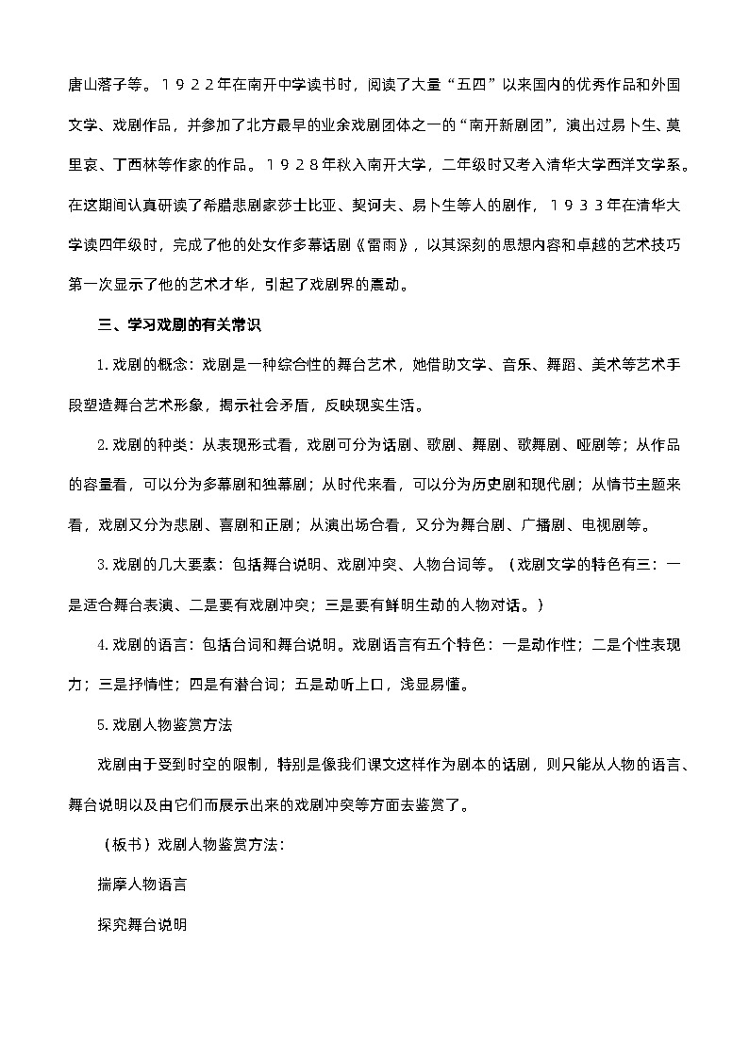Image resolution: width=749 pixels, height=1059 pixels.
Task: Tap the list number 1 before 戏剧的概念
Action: tap(102, 366)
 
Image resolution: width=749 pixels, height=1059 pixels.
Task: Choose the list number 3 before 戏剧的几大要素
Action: tap(102, 564)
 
